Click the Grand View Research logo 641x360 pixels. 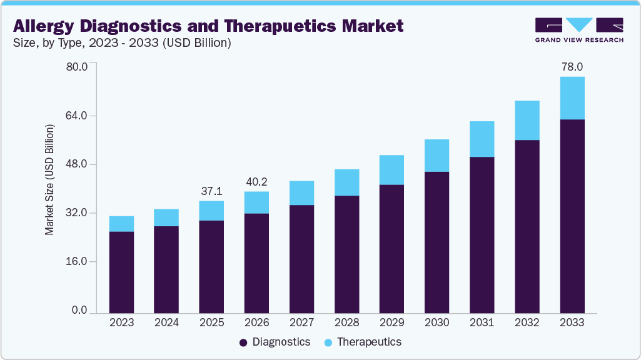(578, 29)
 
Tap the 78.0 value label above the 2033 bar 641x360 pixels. (572, 67)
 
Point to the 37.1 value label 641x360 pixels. (211, 191)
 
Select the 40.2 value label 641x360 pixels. (256, 182)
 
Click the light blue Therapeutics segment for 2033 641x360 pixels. (572, 98)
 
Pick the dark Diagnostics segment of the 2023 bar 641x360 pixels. (121, 272)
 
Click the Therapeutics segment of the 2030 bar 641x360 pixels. (437, 156)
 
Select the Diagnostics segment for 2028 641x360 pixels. (346, 254)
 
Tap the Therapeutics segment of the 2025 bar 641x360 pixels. (211, 211)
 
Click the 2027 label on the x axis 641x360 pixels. (301, 322)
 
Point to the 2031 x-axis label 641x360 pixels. (482, 322)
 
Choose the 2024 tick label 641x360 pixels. (166, 322)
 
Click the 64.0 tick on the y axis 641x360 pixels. (78, 116)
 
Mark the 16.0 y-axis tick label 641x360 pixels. (78, 261)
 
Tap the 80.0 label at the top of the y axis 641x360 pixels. (78, 66)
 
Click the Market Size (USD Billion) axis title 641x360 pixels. (49, 180)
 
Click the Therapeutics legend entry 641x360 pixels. (363, 342)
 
